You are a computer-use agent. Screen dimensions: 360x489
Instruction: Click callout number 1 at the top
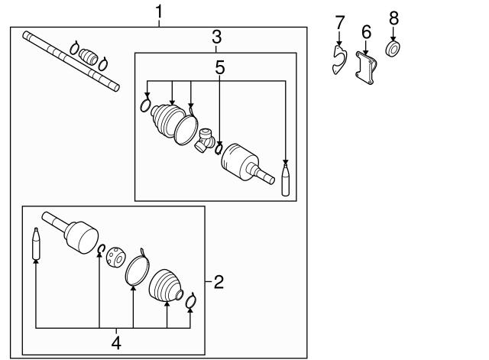pos(159,12)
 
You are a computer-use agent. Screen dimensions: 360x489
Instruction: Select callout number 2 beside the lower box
pos(219,282)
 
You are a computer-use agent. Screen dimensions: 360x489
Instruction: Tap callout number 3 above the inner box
pos(217,37)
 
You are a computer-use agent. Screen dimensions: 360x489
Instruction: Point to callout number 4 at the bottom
pos(116,343)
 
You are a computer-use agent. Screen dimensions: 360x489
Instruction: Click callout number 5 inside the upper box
pos(220,67)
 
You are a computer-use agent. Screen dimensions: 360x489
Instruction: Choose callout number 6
pos(367,32)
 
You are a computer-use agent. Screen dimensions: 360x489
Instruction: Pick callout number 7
pos(340,22)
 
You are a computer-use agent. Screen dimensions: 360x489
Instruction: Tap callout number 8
pos(393,18)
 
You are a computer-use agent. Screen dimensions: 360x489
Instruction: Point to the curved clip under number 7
pos(338,59)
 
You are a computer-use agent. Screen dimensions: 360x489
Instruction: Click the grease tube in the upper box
pos(287,180)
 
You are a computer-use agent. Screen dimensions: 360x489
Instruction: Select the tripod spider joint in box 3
pos(206,140)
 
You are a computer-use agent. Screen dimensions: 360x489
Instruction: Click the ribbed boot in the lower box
pos(166,287)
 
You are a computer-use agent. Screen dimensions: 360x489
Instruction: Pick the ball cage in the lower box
pos(115,257)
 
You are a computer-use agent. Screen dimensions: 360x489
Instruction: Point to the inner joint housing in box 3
pos(243,161)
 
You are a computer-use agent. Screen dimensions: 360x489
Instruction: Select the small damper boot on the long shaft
pos(89,57)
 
